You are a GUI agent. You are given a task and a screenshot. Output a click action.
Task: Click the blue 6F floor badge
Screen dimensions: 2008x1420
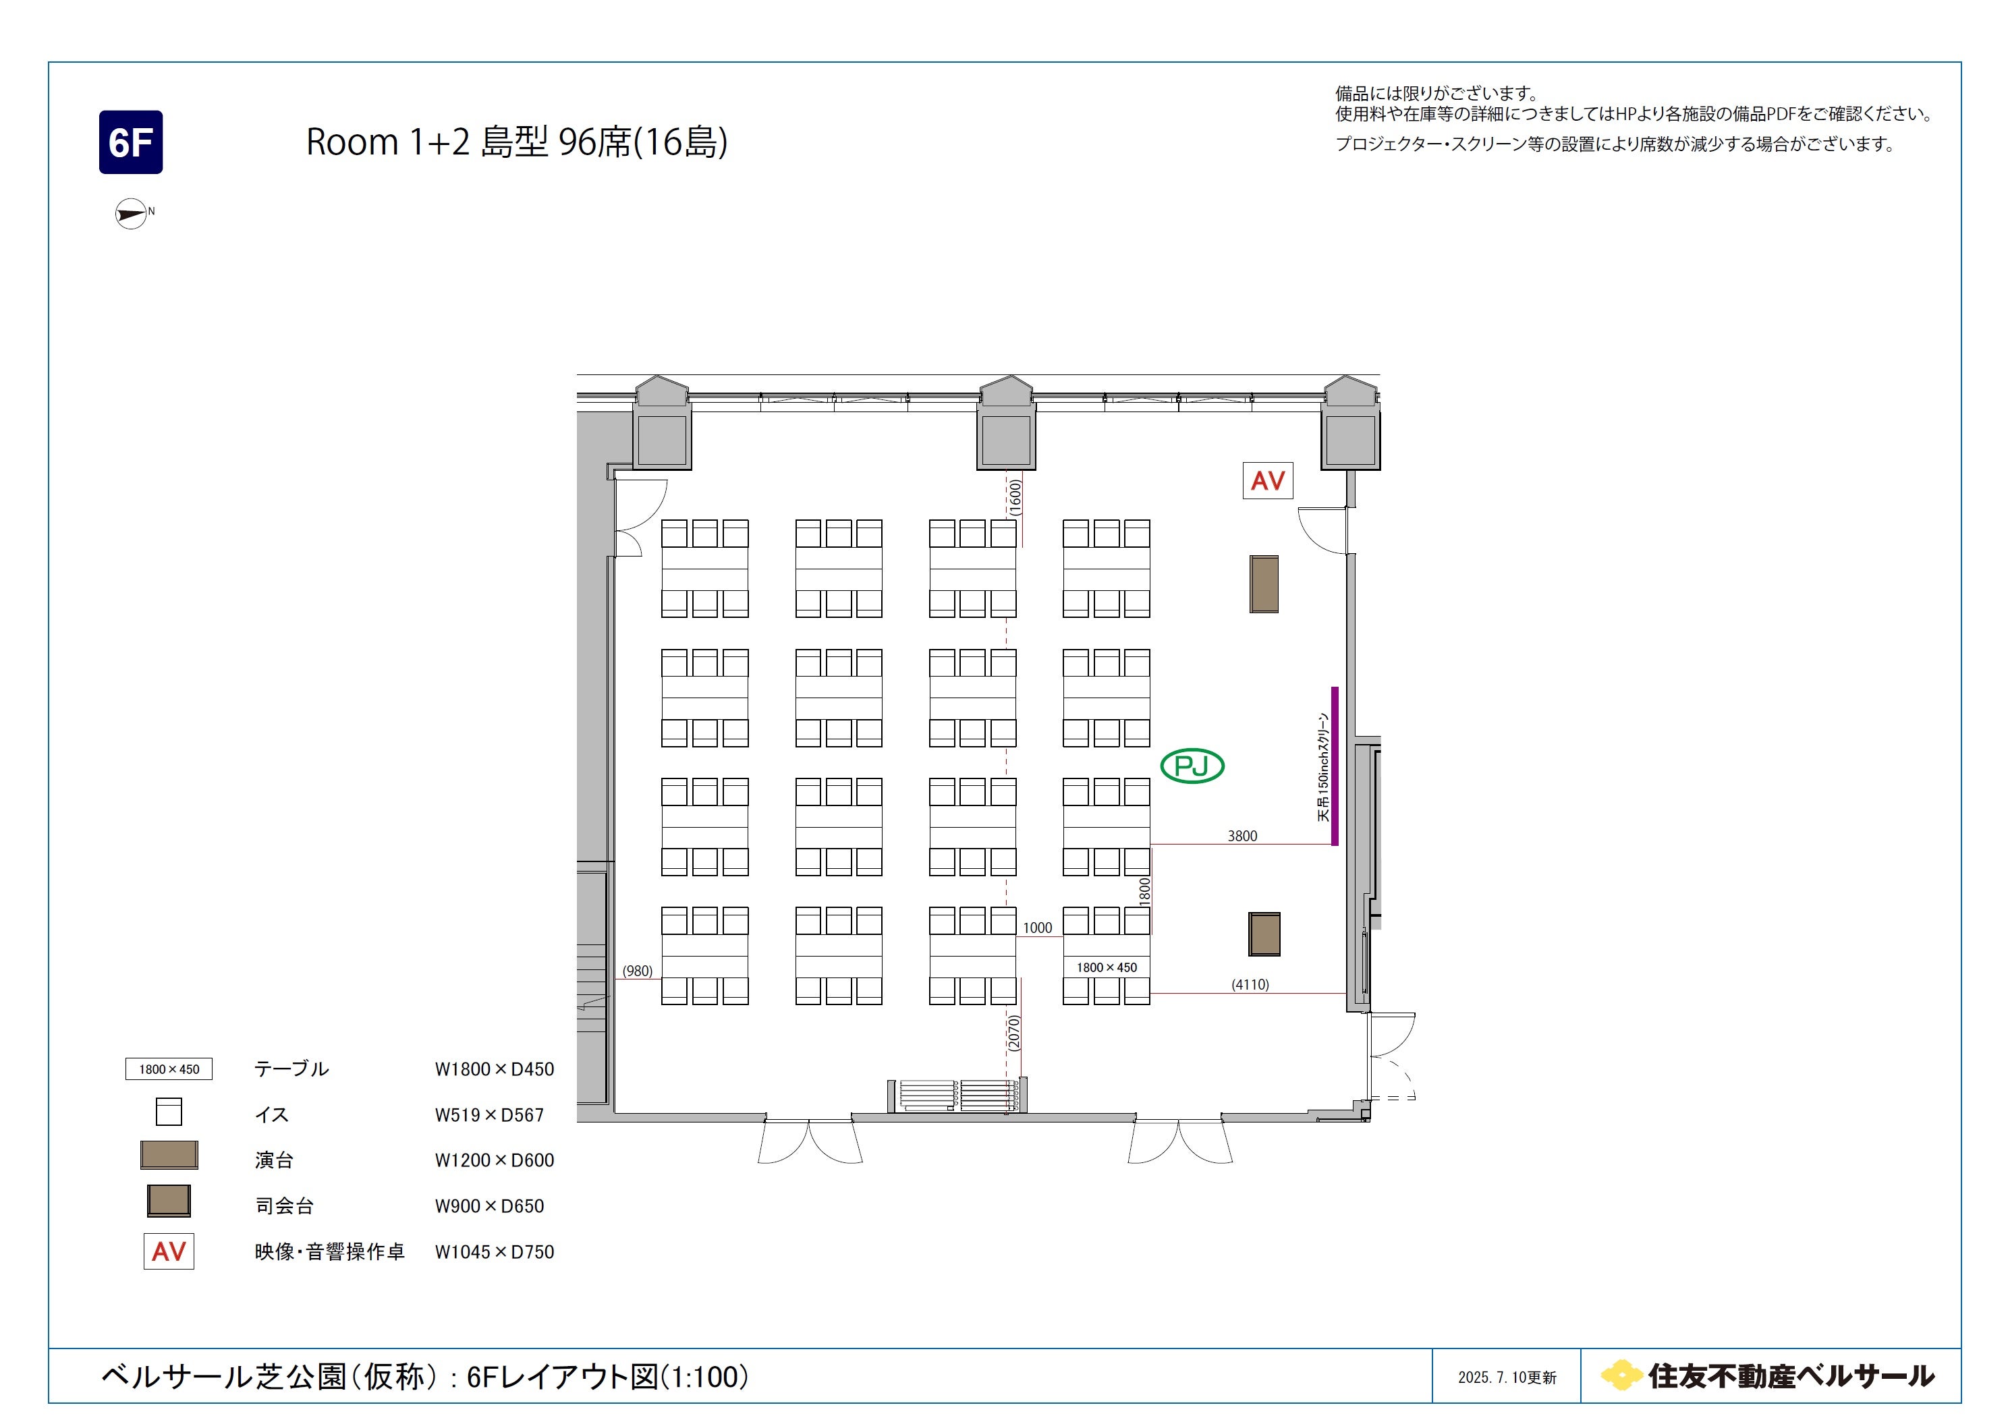(130, 142)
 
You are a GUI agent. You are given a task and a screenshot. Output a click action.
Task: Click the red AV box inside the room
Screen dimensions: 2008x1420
(1267, 480)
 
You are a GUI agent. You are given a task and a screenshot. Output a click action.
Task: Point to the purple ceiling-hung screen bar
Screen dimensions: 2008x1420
(1335, 766)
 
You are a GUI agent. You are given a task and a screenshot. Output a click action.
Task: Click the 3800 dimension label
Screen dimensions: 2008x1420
(1242, 836)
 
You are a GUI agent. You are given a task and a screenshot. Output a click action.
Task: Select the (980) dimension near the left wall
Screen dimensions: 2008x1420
(637, 971)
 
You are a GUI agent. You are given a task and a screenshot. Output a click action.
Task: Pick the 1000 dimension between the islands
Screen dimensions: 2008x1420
(1037, 928)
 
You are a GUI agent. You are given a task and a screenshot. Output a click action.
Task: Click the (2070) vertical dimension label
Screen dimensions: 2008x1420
(1013, 1033)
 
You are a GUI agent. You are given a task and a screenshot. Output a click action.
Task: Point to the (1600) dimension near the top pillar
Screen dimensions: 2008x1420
(1015, 496)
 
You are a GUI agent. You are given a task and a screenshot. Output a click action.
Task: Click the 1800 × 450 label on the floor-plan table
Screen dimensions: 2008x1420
(1107, 967)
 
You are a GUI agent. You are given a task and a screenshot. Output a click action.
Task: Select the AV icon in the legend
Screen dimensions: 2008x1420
(169, 1251)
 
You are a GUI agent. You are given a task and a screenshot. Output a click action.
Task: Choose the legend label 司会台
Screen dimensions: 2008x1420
(284, 1205)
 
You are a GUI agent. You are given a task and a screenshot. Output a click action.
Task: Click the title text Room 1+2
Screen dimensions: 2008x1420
(388, 142)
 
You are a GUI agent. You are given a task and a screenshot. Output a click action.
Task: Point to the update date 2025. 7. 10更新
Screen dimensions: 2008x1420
(1507, 1377)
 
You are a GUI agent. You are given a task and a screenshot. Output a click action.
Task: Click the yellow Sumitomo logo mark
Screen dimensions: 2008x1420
(1621, 1375)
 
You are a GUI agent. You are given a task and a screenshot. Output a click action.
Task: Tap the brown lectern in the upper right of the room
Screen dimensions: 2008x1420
(1264, 584)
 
